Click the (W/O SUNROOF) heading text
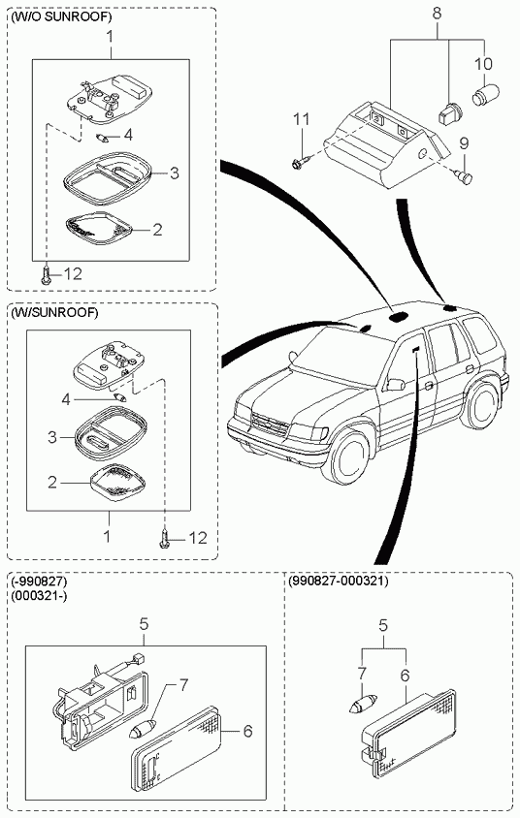point(61,17)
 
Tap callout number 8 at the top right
point(437,14)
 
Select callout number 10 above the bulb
point(483,64)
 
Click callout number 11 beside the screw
point(302,119)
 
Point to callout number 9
point(464,142)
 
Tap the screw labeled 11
point(302,163)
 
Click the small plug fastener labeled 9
point(463,176)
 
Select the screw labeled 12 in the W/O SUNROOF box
point(47,274)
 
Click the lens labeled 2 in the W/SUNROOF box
point(118,483)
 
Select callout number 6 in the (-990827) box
point(247,731)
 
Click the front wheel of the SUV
point(347,455)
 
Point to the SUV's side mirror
point(395,385)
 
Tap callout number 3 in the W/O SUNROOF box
point(175,173)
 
